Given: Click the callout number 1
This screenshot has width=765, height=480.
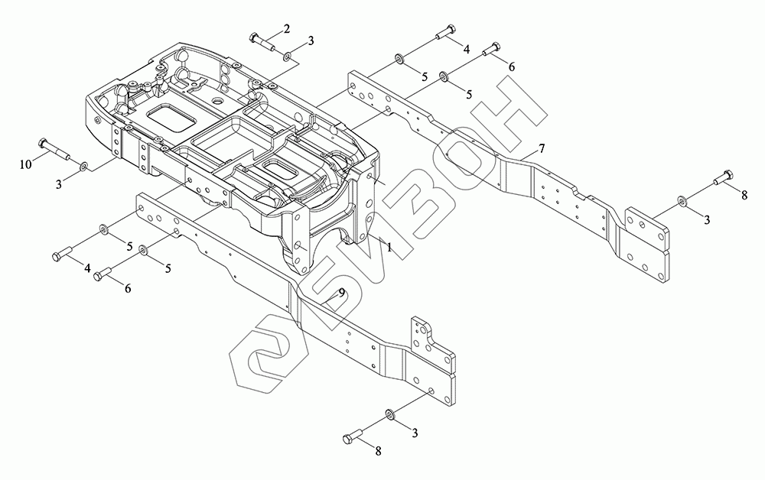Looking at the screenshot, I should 389,248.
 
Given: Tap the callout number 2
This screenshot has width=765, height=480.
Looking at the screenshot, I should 287,29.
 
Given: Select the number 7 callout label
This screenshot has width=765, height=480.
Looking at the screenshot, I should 541,148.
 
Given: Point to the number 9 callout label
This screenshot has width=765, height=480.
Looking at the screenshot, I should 343,293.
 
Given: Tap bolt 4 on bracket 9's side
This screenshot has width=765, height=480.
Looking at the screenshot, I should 62,255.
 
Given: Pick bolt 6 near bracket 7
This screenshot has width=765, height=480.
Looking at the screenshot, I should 493,50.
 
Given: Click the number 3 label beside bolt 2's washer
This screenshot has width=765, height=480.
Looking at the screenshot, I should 310,40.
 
